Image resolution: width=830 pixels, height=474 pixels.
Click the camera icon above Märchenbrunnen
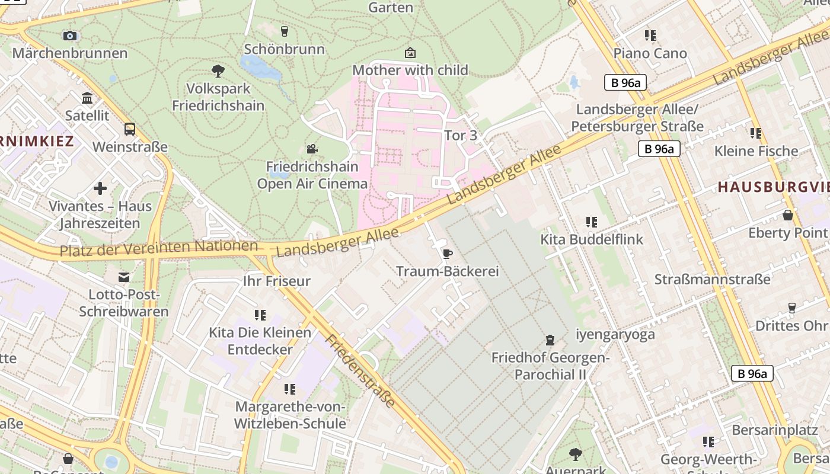pos(70,36)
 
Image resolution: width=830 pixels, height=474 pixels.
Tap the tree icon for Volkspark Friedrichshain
pos(218,71)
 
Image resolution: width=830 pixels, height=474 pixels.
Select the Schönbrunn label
pos(284,49)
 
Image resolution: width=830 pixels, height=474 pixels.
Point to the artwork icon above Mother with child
pos(410,53)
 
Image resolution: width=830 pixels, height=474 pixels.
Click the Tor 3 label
pos(461,135)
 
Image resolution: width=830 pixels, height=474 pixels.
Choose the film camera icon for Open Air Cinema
pos(312,149)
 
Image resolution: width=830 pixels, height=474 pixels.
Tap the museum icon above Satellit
pos(87,98)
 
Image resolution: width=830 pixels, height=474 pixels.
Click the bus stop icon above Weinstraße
pos(129,129)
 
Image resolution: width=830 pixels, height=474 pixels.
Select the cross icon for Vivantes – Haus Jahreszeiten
pos(100,188)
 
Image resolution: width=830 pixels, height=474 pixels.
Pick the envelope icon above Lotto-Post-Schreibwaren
pos(124,277)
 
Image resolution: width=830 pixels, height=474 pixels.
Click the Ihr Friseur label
pos(277,281)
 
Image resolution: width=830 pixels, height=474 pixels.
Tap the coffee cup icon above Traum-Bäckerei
pos(447,254)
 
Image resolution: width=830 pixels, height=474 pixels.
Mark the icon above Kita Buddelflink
pos(591,222)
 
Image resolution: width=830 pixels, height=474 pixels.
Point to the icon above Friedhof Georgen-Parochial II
pos(550,340)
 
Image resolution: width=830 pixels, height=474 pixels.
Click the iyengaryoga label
pos(615,334)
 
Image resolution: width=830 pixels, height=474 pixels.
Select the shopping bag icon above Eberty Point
pos(787,215)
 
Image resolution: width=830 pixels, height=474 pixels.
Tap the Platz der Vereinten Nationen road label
pos(158,248)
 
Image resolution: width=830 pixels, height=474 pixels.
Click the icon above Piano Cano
pos(650,36)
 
